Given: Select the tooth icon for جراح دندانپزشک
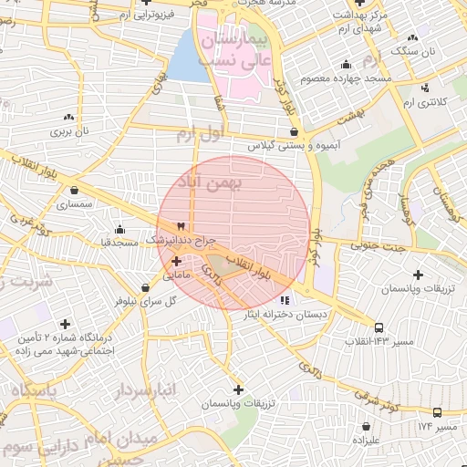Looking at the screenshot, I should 181,227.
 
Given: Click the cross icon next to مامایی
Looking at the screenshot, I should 176,261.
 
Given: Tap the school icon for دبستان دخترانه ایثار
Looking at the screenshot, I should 284,300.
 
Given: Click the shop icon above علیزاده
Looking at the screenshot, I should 366,425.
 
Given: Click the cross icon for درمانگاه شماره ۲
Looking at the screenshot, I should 65,324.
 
